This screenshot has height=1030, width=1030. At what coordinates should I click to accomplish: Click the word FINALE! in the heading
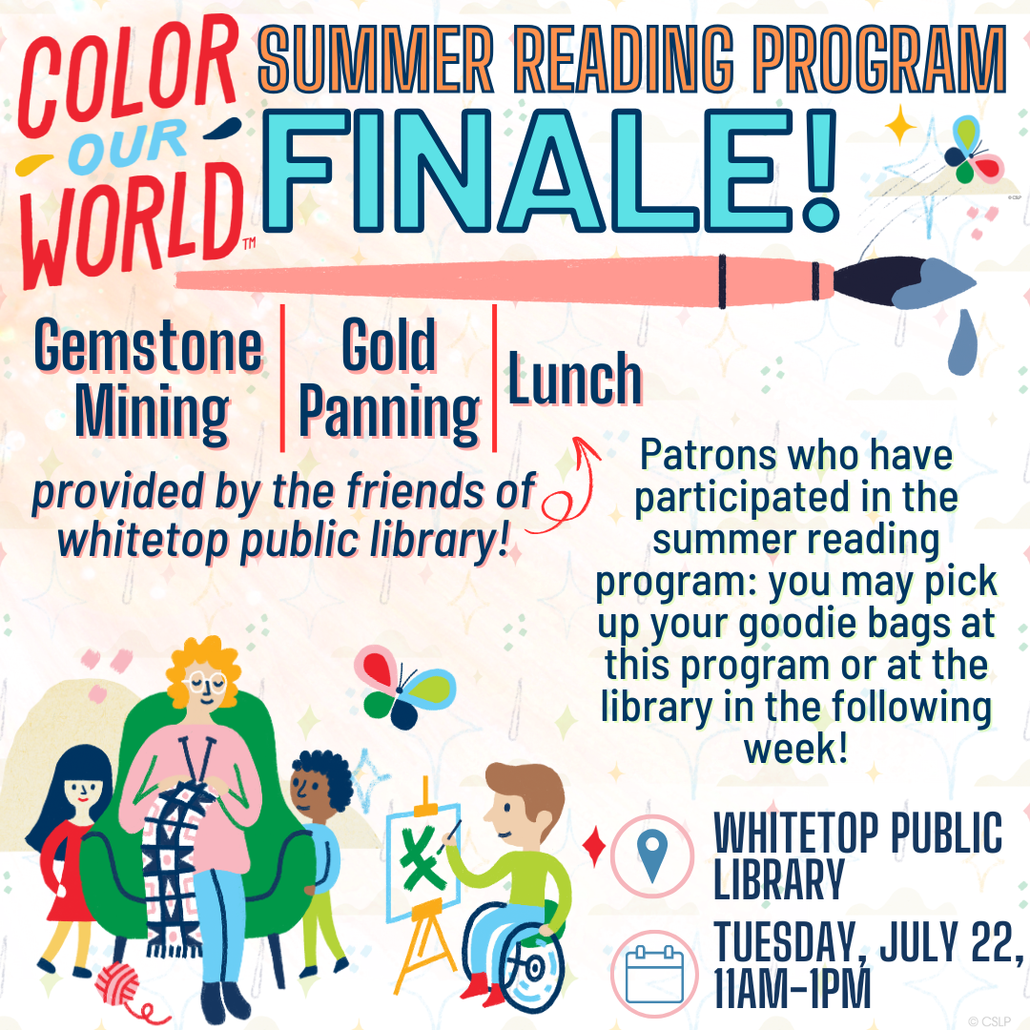click(x=550, y=171)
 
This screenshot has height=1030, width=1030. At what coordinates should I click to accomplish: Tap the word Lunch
click(x=575, y=379)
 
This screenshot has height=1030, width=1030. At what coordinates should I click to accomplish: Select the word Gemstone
click(x=149, y=345)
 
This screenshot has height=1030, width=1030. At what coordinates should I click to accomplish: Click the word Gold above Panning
click(x=389, y=344)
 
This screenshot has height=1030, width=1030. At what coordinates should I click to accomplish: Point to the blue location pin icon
click(x=652, y=855)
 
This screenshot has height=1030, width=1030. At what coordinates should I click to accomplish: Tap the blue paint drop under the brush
click(x=962, y=342)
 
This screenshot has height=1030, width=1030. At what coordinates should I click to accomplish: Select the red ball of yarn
click(x=118, y=983)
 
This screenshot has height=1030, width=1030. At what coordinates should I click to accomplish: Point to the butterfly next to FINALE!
click(x=972, y=151)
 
